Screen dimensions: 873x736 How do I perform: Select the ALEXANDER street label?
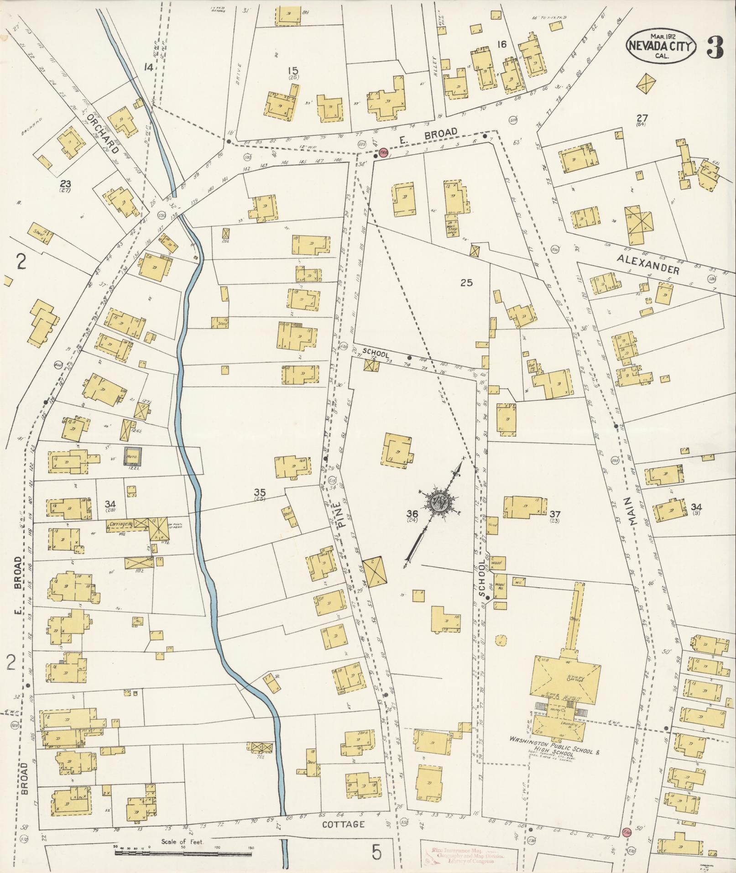648,264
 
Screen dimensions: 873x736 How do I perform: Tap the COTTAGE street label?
343,825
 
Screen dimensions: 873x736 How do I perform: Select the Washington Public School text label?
553,752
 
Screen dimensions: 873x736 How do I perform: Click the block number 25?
466,283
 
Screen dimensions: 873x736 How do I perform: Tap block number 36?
412,514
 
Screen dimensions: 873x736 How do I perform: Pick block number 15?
293,71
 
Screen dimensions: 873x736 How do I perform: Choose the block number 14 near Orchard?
148,68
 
